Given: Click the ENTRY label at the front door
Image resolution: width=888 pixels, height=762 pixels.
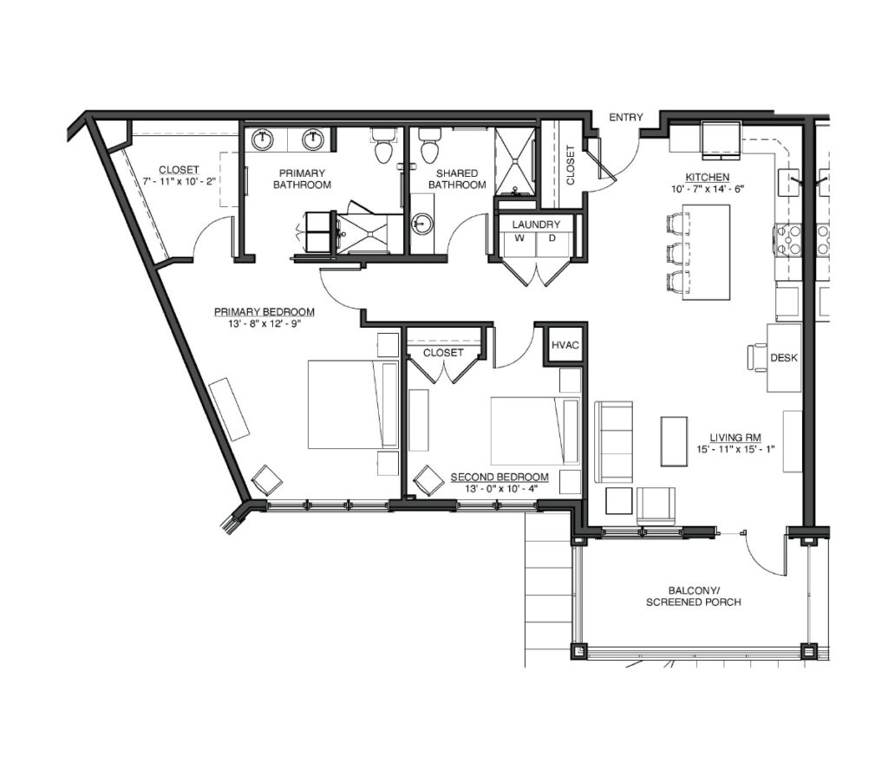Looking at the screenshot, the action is tap(626, 117).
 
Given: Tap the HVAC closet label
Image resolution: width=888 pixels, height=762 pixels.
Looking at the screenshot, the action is tap(565, 345).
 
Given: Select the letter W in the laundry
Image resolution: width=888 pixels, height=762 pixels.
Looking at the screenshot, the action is tap(519, 238).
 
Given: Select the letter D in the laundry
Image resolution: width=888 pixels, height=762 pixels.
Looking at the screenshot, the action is tap(552, 238).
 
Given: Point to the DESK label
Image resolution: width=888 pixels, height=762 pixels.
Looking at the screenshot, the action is tap(784, 358).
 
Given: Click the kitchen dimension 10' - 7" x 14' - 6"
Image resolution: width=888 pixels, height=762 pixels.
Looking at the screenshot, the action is tap(708, 189).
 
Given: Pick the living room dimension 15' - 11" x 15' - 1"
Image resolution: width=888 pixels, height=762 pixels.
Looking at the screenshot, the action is tap(735, 450).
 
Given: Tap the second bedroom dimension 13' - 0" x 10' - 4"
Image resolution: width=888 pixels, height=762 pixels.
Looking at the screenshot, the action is tap(499, 489).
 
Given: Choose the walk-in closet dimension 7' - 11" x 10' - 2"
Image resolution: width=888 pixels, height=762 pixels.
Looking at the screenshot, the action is tap(179, 182).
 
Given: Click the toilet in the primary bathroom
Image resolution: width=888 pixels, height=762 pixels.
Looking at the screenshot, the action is tap(383, 146).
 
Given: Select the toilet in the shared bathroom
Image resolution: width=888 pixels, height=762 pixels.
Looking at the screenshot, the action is tap(429, 146).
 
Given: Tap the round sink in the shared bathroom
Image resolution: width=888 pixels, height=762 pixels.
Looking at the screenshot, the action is tap(421, 224).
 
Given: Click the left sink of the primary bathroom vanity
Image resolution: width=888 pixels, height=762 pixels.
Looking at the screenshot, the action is tap(262, 140).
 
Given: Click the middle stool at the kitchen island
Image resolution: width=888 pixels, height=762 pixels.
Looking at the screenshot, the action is tap(678, 253).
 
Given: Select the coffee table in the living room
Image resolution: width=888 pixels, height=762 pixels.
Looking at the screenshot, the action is tap(674, 441).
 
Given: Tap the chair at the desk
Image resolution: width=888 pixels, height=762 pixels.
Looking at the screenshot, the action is tap(757, 357).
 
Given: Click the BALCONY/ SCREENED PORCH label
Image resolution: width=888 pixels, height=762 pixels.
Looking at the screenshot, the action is tap(693, 596).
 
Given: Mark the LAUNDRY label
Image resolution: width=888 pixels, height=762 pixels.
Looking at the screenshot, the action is tap(536, 225).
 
